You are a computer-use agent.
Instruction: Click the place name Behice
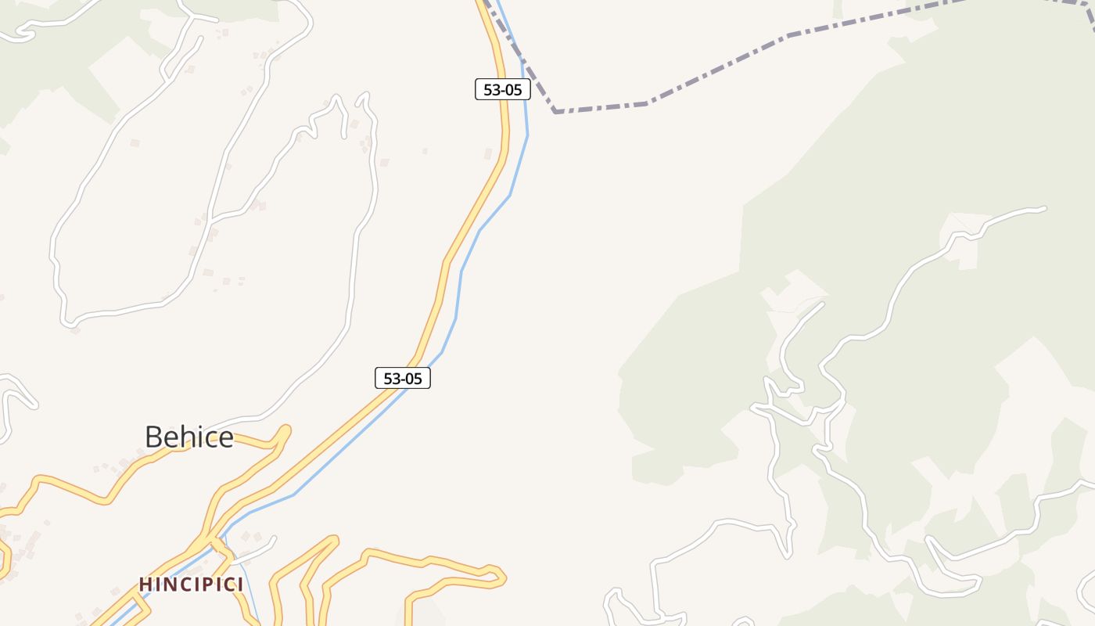189,437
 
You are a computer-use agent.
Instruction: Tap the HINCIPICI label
191,585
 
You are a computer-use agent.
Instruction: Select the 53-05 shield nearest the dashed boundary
503,89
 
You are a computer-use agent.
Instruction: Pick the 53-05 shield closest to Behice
403,379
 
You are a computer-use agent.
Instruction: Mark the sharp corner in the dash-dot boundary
555,112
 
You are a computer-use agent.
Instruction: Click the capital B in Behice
154,437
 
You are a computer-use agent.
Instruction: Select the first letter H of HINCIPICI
145,585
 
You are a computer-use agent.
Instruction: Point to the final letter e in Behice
226,438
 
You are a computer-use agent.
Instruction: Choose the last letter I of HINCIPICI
240,585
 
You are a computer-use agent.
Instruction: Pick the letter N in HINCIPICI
167,585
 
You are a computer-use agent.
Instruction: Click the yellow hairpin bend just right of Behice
285,431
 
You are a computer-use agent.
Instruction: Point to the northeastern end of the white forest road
1043,208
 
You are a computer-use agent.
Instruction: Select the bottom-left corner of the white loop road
69,322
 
